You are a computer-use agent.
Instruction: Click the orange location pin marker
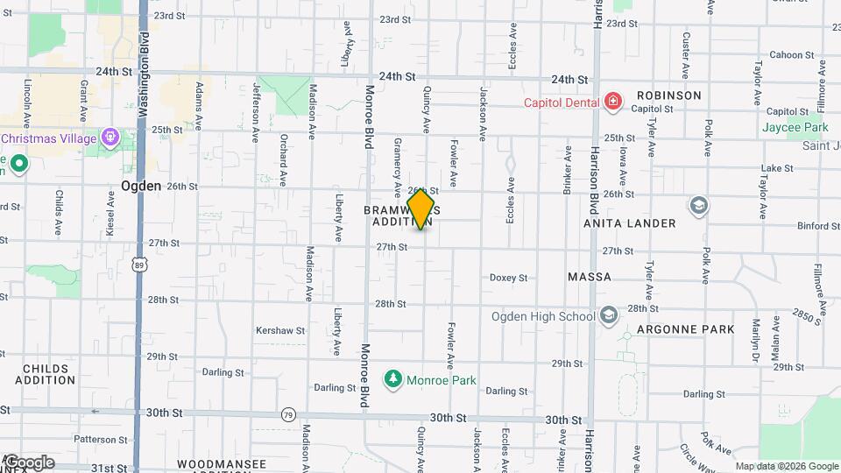pyautogui.click(x=421, y=208)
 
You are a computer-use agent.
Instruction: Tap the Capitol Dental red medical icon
pyautogui.click(x=612, y=102)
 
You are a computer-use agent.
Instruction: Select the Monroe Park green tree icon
pyautogui.click(x=394, y=379)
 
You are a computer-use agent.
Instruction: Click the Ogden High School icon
pyautogui.click(x=609, y=315)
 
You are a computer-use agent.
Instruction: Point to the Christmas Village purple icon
pyautogui.click(x=110, y=137)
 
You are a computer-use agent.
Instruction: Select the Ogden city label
pyautogui.click(x=140, y=186)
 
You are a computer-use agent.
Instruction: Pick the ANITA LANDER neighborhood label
pyautogui.click(x=631, y=223)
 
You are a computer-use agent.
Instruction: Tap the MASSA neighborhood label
pyautogui.click(x=590, y=277)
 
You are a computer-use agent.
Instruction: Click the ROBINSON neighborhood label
pyautogui.click(x=668, y=95)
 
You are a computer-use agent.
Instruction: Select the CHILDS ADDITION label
pyautogui.click(x=46, y=375)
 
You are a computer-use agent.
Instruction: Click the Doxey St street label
pyautogui.click(x=508, y=278)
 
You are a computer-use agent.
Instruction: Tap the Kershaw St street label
pyautogui.click(x=279, y=331)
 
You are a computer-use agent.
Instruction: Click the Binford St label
pyautogui.click(x=819, y=226)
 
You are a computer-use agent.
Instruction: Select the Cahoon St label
pyautogui.click(x=786, y=55)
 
